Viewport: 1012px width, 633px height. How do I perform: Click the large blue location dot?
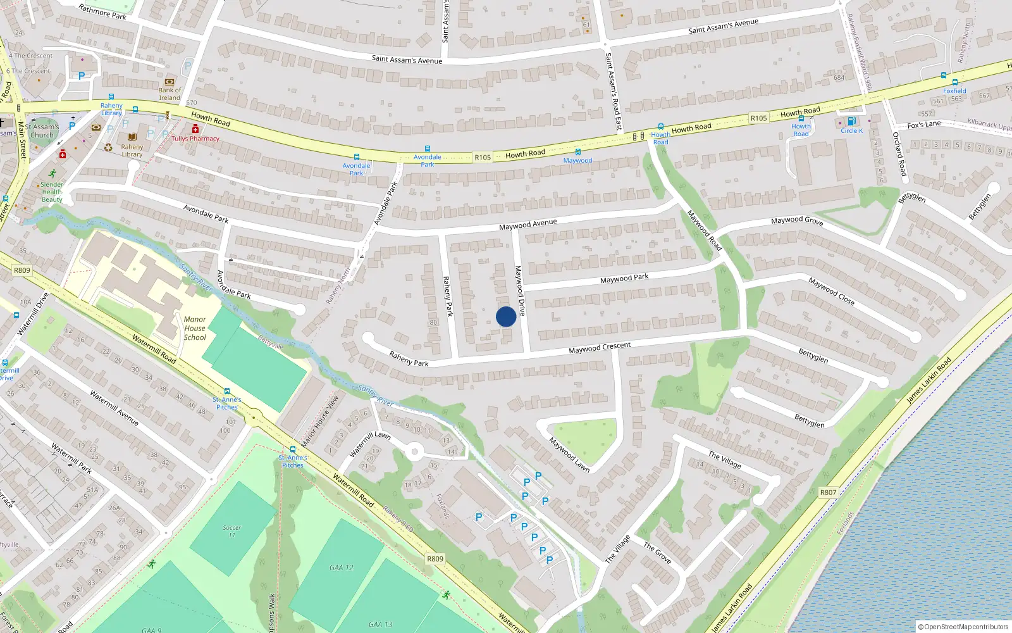(x=506, y=316)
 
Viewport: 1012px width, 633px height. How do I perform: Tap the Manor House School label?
(x=195, y=329)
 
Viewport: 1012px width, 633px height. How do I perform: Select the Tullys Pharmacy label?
(x=195, y=139)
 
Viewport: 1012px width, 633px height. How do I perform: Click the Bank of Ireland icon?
(x=170, y=82)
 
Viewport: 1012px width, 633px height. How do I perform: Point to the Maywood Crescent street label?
(x=600, y=348)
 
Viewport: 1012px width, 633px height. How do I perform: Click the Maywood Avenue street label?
(x=528, y=225)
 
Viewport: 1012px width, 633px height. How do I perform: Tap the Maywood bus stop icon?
(x=577, y=152)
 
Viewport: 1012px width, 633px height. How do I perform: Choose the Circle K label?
(x=851, y=131)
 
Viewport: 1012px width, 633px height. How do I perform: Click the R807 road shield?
(x=828, y=492)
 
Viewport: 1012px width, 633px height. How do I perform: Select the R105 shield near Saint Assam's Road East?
(x=758, y=118)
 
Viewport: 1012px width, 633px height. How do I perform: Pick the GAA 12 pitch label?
(x=342, y=568)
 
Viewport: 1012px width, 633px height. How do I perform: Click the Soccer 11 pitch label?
(x=231, y=530)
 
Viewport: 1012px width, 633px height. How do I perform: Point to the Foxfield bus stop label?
(x=954, y=91)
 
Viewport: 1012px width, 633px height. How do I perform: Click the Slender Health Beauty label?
(x=52, y=192)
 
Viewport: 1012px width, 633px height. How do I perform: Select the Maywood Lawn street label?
(x=569, y=454)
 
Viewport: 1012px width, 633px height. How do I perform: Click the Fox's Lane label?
(x=923, y=125)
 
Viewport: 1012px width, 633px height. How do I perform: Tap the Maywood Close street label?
(x=831, y=291)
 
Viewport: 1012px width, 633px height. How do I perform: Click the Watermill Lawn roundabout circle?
(x=414, y=451)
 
